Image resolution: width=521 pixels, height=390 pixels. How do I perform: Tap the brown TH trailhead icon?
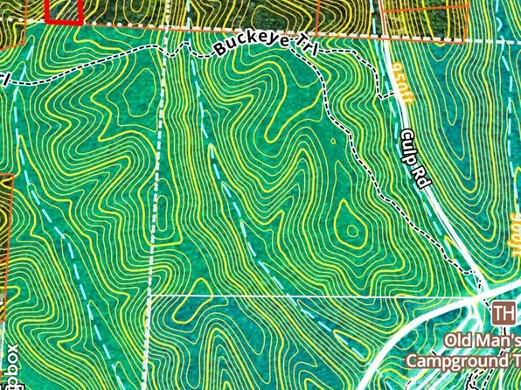pos(502,313)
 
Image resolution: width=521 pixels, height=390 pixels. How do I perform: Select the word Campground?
pos(455,361)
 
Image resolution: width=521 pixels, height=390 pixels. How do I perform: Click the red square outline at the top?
pos(63,10)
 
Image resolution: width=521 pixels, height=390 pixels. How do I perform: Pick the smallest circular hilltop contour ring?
pos(351,232)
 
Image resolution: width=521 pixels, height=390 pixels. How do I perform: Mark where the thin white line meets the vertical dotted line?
pos(149,296)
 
